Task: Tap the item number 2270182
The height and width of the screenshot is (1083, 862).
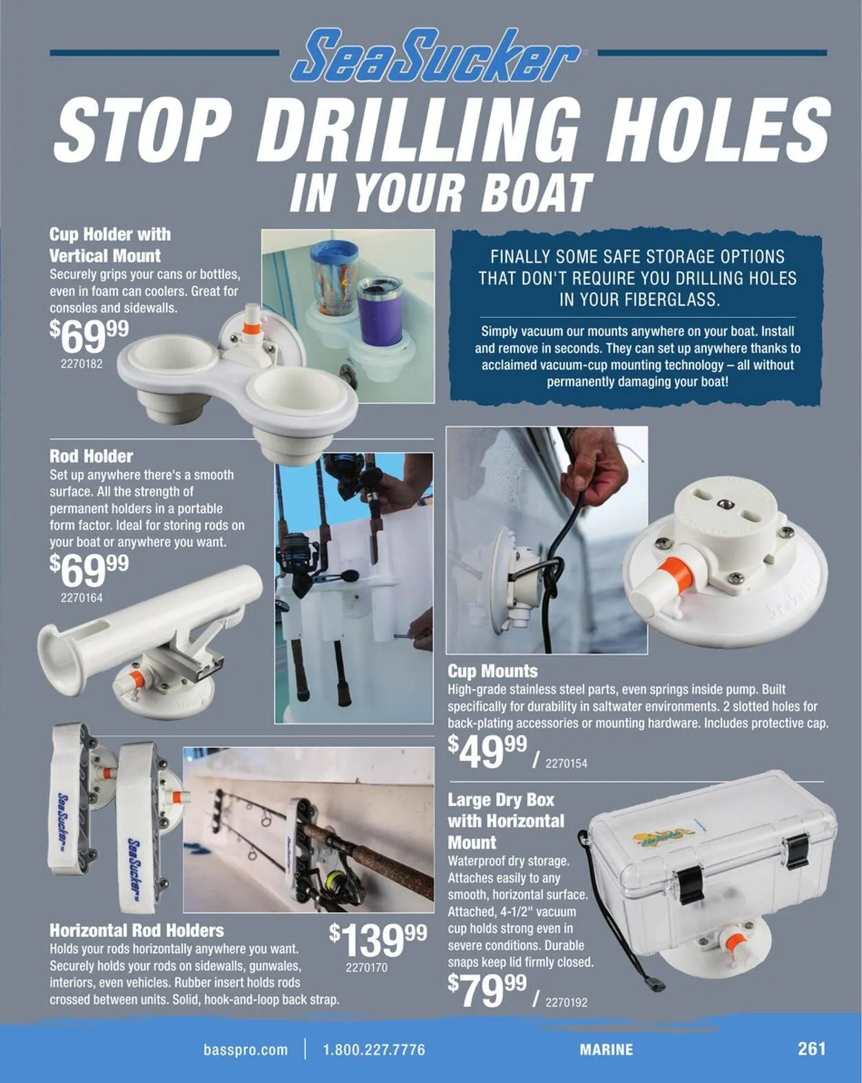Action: [81, 364]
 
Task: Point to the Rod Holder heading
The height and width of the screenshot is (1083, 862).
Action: [91, 456]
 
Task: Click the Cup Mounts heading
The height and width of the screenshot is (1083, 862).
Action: [492, 671]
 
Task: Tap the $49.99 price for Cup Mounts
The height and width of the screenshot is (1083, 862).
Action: [487, 751]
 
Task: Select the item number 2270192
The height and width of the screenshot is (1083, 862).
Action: [566, 1002]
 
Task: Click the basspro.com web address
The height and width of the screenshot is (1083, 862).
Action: [245, 1050]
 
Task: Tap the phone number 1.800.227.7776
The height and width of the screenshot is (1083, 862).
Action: [374, 1050]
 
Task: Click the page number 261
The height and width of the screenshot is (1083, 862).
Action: [811, 1049]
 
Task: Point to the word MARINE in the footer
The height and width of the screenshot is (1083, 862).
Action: [606, 1050]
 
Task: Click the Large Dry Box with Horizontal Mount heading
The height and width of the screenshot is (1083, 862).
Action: [505, 821]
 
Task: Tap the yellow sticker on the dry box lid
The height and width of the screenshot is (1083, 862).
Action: [663, 835]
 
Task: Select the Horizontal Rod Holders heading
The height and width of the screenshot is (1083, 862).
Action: [137, 930]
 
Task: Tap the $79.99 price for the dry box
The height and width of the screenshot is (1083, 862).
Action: [487, 991]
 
